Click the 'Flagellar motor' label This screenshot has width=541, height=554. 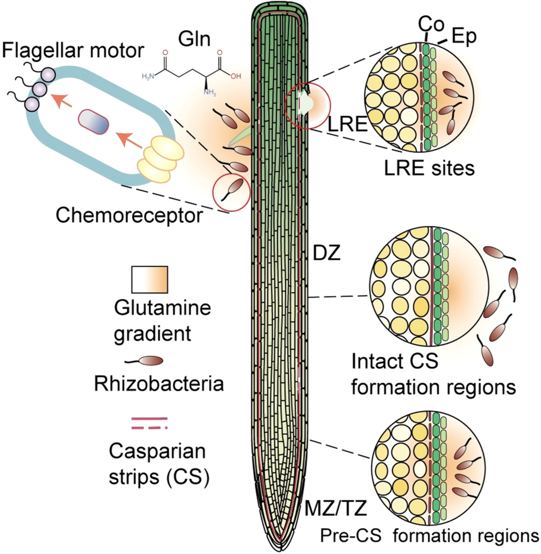tap(73, 51)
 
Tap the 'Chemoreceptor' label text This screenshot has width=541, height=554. tap(129, 215)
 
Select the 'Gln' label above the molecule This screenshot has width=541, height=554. tap(194, 39)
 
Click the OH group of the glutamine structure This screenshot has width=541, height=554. tap(236, 76)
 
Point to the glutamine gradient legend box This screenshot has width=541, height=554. tap(150, 280)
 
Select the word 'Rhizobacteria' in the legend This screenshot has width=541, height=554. tap(159, 384)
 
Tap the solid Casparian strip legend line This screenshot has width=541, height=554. tap(150, 419)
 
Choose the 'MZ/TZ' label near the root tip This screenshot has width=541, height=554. tap(335, 509)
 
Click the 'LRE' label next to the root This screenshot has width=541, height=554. tap(348, 124)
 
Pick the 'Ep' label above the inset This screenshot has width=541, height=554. tap(464, 36)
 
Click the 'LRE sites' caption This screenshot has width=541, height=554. tap(429, 169)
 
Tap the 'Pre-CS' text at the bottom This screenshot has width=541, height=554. tap(351, 536)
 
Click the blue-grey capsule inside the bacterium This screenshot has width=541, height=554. tap(93, 122)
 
